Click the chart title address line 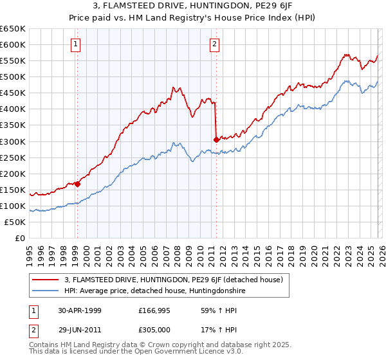tap(193, 6)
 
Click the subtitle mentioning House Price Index tap(193, 17)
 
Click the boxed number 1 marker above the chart tap(77, 44)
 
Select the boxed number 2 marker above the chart tap(215, 44)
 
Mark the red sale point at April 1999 tap(78, 184)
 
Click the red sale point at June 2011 tap(216, 139)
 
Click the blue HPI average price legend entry tap(154, 291)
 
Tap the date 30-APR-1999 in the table tap(80, 310)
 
